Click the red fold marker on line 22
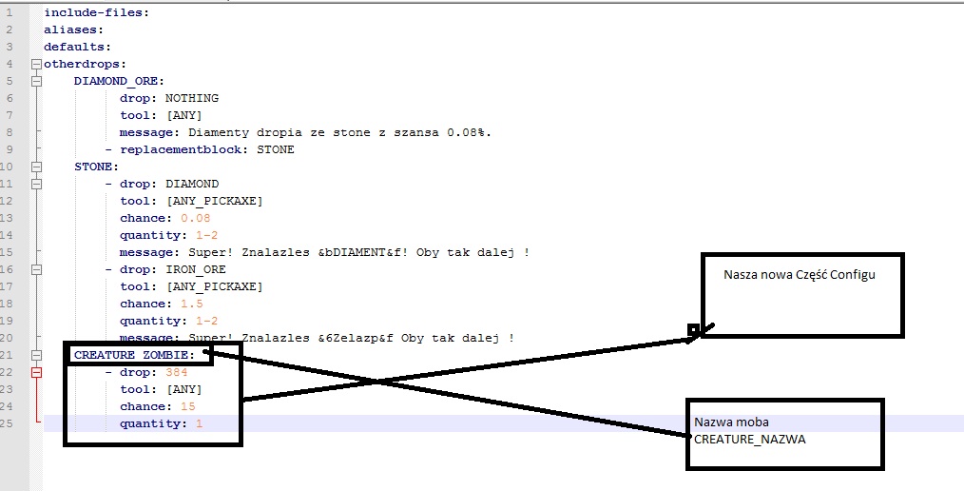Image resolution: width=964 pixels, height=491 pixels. point(37,372)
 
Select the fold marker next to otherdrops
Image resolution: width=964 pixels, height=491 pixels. point(37,64)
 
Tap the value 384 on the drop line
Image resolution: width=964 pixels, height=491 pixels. point(177,372)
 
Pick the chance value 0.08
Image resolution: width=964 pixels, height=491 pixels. point(196,218)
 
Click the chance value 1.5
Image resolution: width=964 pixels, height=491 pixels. point(192,304)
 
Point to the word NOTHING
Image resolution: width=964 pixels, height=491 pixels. point(192,98)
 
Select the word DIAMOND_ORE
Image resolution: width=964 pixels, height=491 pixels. point(116,81)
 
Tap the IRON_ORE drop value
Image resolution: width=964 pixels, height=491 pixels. point(196,269)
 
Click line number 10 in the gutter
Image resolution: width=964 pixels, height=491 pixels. point(7,167)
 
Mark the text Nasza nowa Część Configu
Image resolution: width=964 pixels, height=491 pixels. point(800,274)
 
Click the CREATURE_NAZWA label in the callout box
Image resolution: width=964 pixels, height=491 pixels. point(749,440)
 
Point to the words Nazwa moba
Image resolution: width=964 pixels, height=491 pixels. point(732,422)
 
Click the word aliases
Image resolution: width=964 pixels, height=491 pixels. point(71,29)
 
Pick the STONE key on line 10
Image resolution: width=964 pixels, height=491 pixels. point(93,167)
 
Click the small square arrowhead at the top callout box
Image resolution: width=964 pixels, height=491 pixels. point(693,330)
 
